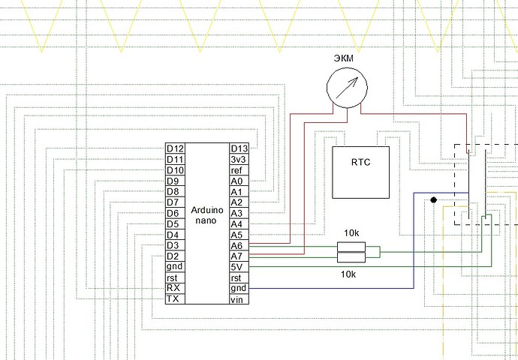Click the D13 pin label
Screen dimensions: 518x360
point(239,148)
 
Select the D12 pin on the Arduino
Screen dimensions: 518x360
point(175,148)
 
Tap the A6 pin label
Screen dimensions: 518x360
point(236,245)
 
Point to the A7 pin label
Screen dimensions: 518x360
point(236,256)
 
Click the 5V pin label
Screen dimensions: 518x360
point(236,267)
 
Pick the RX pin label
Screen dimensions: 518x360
point(173,288)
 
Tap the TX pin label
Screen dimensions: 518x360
point(173,298)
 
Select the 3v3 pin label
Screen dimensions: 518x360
point(239,160)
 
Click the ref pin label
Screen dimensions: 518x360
point(236,170)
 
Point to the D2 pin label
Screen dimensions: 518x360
point(173,256)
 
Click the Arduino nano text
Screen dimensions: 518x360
point(207,215)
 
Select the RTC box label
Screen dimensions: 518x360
point(361,162)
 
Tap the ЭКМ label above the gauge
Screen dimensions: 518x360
point(344,58)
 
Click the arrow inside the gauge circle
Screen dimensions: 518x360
point(347,88)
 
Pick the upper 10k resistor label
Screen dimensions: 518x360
point(351,233)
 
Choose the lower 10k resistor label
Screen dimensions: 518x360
point(348,274)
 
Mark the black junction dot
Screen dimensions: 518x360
point(434,200)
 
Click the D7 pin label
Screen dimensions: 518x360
point(173,202)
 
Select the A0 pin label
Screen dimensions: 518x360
point(236,181)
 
